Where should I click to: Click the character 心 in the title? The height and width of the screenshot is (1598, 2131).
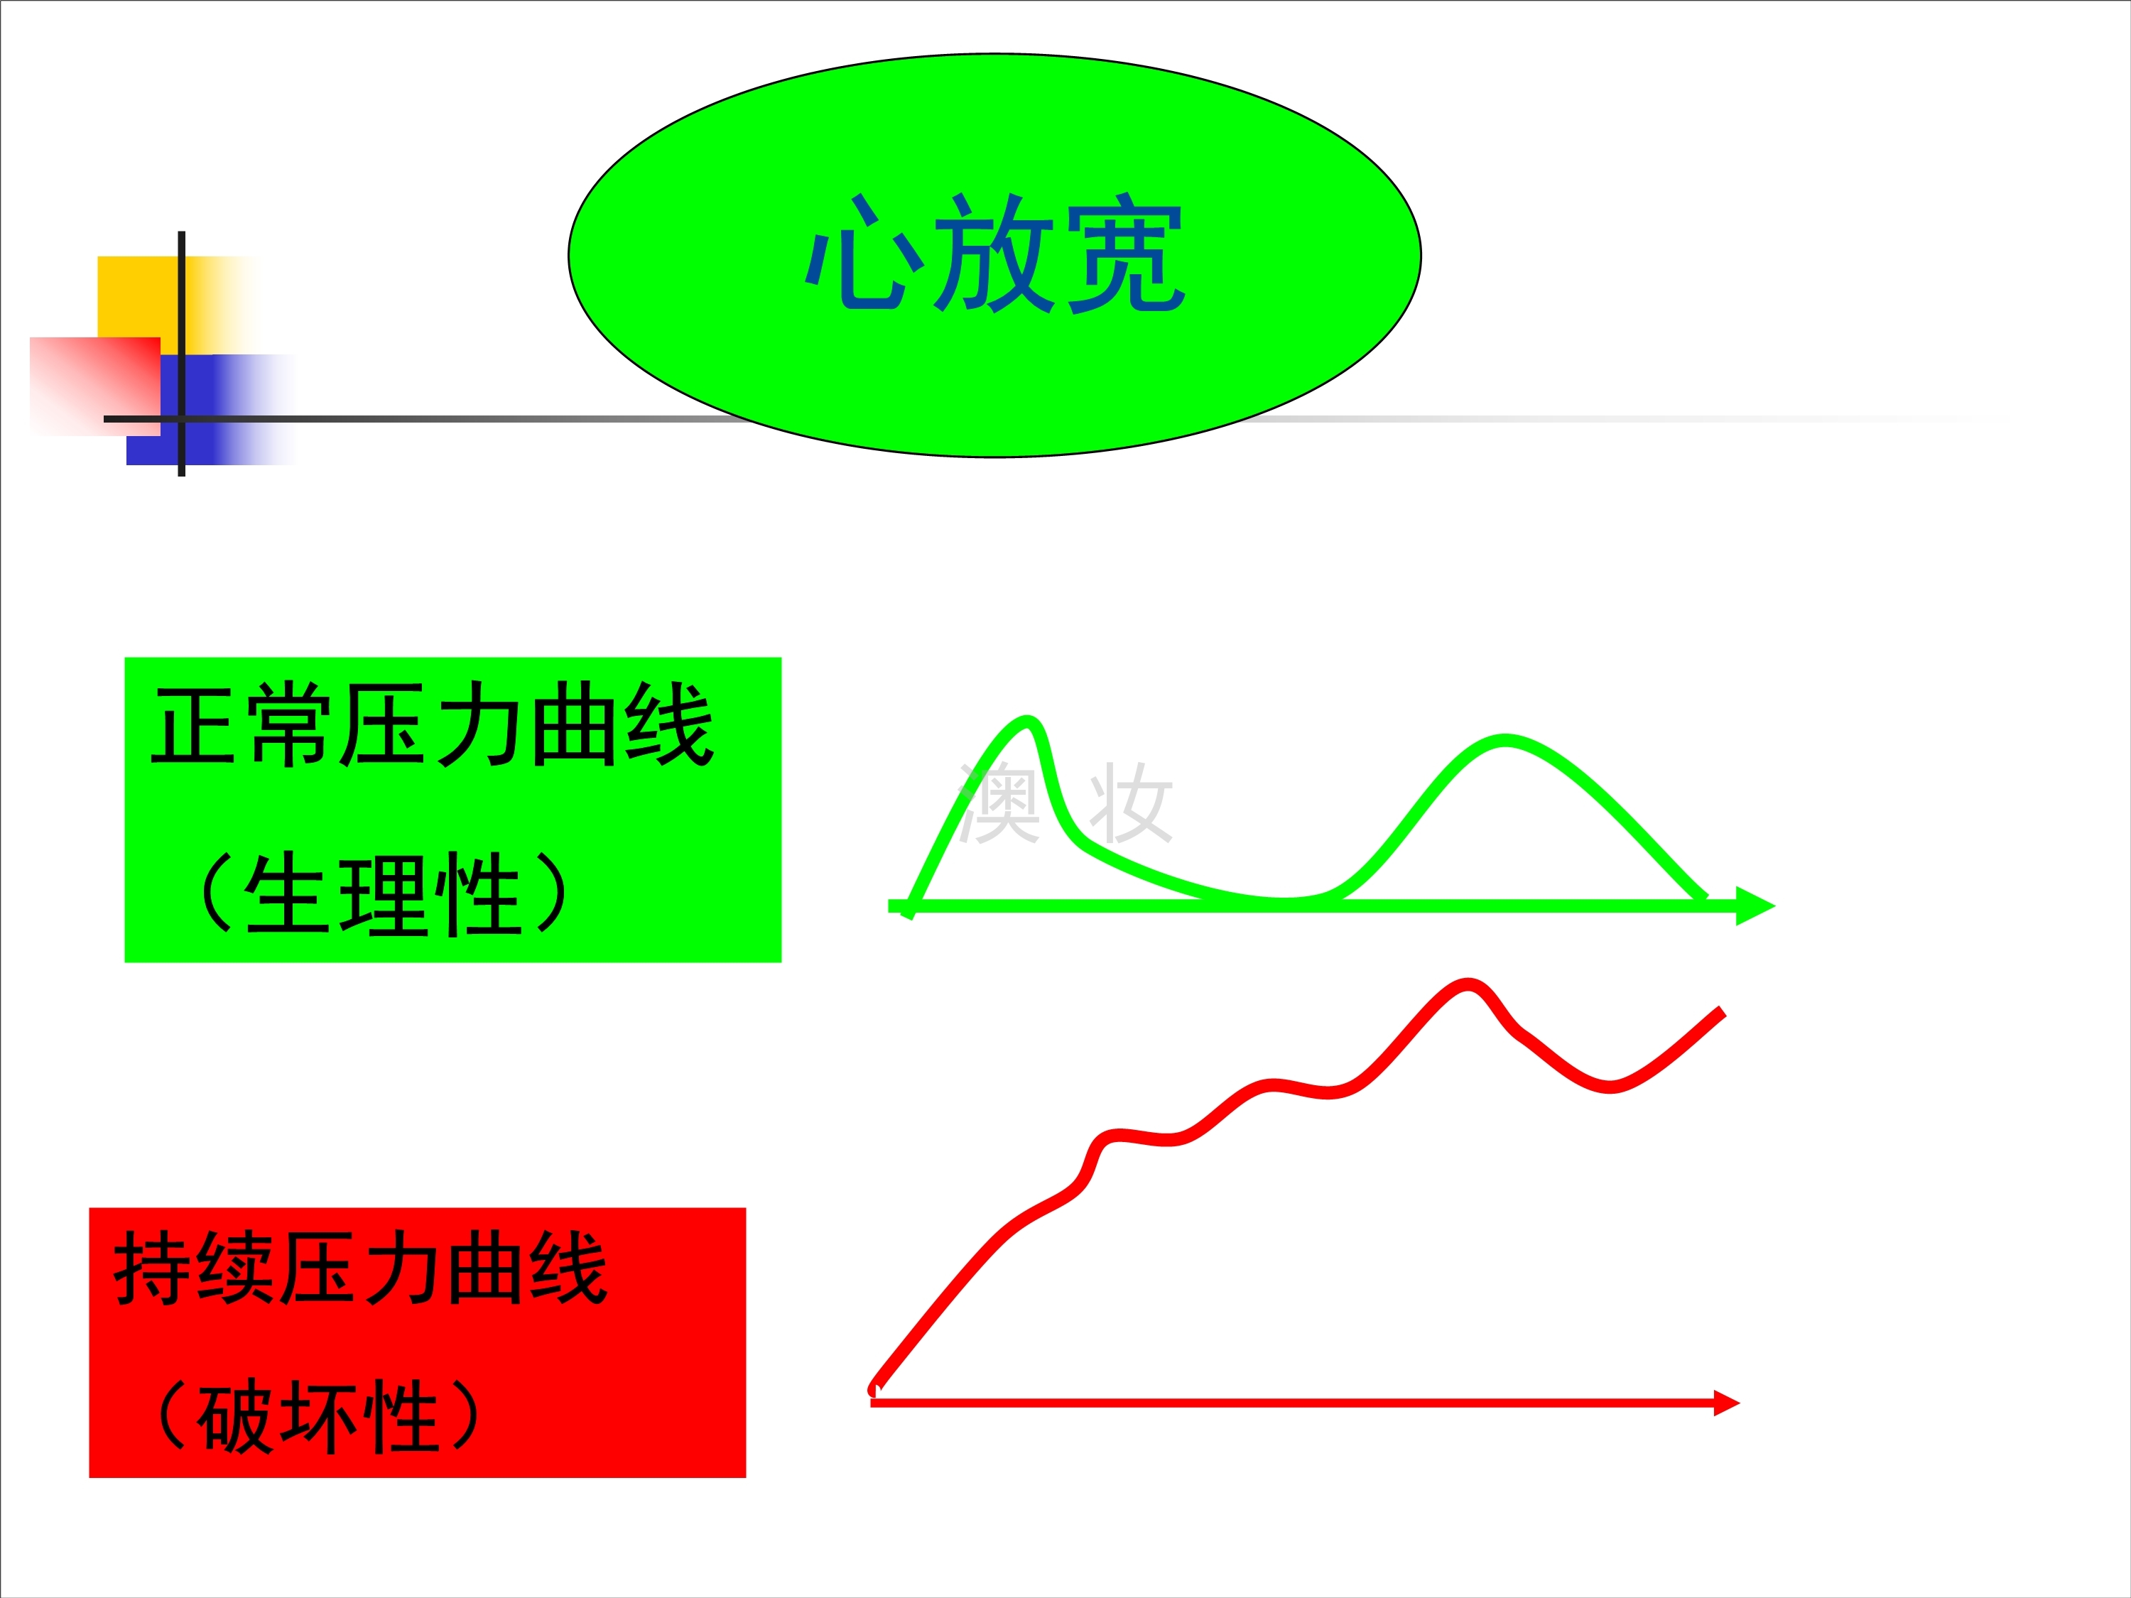click(864, 254)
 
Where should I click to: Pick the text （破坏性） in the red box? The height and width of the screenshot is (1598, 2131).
click(318, 1416)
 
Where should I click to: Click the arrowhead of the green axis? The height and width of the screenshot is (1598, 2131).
click(1755, 906)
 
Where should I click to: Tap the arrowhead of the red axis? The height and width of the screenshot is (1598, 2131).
click(1726, 1403)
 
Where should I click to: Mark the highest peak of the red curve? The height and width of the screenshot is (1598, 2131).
click(1468, 984)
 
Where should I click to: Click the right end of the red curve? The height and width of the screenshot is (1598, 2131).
click(1722, 1012)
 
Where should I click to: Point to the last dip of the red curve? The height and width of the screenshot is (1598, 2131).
click(1610, 1089)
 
